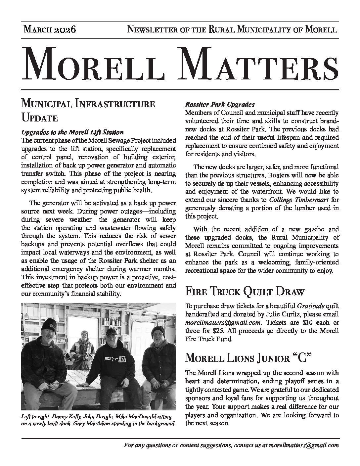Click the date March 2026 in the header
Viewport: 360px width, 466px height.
(x=50, y=30)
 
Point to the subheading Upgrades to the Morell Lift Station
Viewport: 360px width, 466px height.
(x=72, y=132)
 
